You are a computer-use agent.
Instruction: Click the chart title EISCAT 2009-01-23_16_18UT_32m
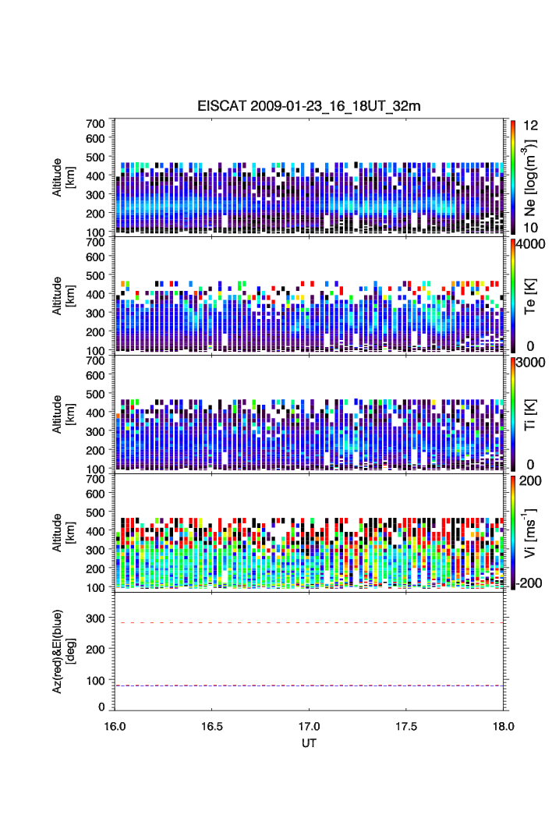pyautogui.click(x=310, y=106)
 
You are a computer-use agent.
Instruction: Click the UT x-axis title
pyautogui.click(x=310, y=742)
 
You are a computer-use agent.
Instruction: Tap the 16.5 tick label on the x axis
pyautogui.click(x=212, y=725)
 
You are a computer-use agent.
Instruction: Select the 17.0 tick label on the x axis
pyautogui.click(x=310, y=725)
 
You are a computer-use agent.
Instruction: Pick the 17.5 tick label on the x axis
pyautogui.click(x=407, y=725)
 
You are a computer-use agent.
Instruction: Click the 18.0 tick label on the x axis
pyautogui.click(x=504, y=725)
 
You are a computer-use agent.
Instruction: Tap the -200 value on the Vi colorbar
pyautogui.click(x=528, y=583)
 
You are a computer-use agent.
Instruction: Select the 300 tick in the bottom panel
pyautogui.click(x=96, y=618)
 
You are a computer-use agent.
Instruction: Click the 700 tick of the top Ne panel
pyautogui.click(x=96, y=123)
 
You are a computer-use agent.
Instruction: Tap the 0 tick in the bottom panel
pyautogui.click(x=102, y=707)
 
